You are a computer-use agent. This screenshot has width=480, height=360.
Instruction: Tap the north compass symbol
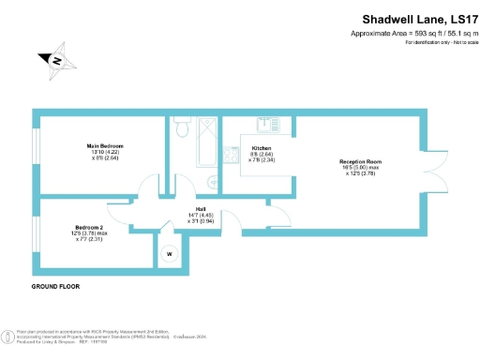point(57,61)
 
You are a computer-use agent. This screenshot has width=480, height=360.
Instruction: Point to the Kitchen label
point(262,148)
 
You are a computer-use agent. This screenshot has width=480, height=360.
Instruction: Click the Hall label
point(200,211)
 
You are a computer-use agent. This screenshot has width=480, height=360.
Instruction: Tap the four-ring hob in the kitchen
point(229,156)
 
